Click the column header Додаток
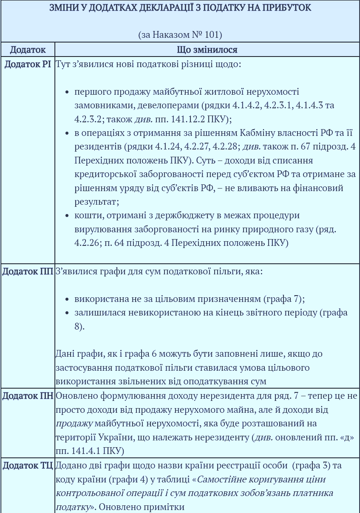coord(28,50)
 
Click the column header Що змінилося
coord(207,50)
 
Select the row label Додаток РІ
coord(28,65)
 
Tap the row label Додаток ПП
coord(28,271)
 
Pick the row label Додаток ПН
coord(28,396)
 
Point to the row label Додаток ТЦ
coord(28,465)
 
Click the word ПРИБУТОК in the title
coord(288,8)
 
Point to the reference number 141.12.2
coord(194,119)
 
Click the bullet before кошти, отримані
coord(67,216)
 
